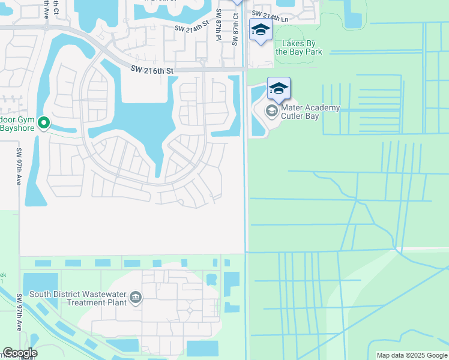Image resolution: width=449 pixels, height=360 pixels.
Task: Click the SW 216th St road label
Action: click(x=152, y=71)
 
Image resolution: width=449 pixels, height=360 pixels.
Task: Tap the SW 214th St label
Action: click(x=191, y=27)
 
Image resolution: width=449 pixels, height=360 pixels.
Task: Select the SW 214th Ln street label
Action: click(x=270, y=14)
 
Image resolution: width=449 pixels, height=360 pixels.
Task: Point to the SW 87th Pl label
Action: click(x=218, y=25)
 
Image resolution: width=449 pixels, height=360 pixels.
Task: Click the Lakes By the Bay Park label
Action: click(x=298, y=47)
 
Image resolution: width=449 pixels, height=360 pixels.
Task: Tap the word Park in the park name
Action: click(x=312, y=52)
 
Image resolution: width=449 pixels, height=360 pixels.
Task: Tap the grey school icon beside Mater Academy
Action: click(x=271, y=110)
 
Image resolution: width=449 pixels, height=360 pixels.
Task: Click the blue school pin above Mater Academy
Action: click(x=279, y=89)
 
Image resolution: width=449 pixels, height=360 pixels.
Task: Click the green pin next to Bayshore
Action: click(x=44, y=123)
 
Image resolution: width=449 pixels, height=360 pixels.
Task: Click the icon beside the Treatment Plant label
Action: click(x=136, y=297)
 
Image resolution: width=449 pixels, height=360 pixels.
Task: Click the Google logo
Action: click(x=20, y=352)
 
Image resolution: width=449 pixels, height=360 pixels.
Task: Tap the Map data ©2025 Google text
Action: click(x=412, y=355)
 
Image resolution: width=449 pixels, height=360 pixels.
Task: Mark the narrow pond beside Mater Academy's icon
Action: click(x=257, y=111)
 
